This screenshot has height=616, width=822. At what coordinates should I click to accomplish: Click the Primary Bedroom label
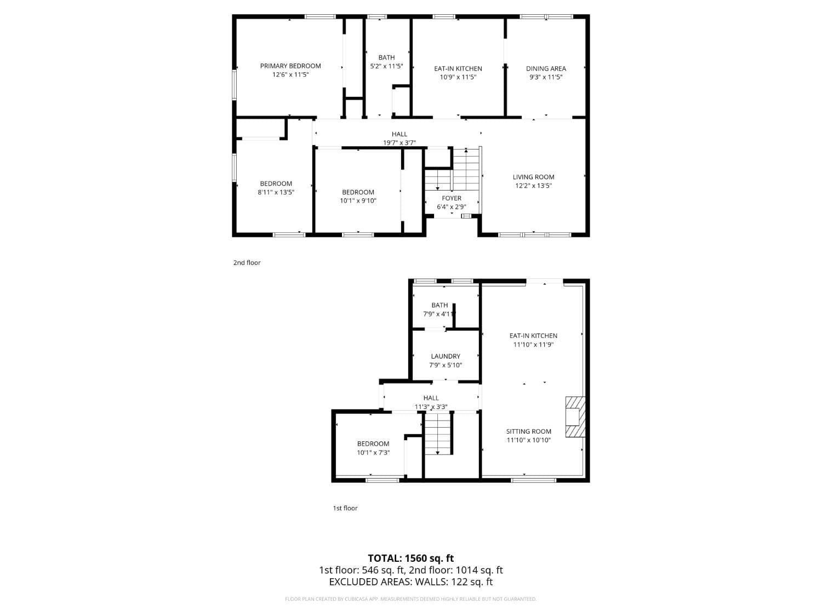tap(290, 66)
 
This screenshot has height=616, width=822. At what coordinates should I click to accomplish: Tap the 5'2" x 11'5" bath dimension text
tap(386, 66)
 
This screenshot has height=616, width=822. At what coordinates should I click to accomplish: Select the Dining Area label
tap(546, 68)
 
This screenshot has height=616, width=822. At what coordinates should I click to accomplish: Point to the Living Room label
tap(533, 177)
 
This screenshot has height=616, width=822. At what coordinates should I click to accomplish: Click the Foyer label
tap(452, 198)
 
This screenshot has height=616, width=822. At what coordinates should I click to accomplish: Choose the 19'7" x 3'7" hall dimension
tap(399, 143)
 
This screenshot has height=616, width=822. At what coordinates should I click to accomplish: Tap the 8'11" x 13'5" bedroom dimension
tap(276, 192)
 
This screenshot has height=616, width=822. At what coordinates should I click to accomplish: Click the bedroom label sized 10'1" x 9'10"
tap(358, 192)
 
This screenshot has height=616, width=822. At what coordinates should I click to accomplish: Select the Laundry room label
tap(446, 356)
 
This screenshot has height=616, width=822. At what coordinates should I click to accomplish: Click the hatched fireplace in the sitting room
tap(575, 417)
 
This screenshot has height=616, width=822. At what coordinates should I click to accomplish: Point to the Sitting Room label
tap(529, 431)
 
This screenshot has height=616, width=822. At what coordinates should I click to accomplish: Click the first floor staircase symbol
tap(438, 434)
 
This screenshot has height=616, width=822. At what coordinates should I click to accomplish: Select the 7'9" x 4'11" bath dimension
tap(439, 314)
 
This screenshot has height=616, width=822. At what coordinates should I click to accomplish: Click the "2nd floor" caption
tap(247, 263)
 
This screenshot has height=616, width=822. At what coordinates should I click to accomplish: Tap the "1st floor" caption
tap(345, 508)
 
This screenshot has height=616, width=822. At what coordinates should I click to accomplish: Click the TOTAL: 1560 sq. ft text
tap(410, 559)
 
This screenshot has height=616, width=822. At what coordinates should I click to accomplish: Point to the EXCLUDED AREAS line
tap(410, 582)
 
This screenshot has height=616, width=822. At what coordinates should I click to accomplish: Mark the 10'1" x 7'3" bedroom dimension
tap(373, 453)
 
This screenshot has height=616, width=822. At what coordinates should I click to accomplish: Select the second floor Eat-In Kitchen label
tap(458, 68)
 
